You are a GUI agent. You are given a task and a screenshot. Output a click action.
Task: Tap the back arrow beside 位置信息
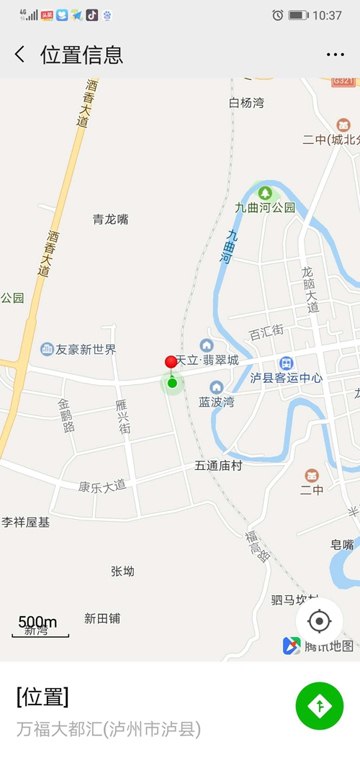click(x=19, y=55)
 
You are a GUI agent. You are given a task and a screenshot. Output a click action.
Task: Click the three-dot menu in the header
click(x=336, y=55)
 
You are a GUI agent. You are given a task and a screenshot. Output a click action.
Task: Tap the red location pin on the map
click(x=171, y=362)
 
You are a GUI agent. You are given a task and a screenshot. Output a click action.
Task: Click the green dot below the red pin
click(x=172, y=383)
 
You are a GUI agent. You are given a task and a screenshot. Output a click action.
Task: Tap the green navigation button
click(x=320, y=706)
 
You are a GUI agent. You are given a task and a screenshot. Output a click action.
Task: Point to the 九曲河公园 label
click(x=265, y=207)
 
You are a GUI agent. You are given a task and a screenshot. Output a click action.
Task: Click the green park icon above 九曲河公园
click(x=265, y=192)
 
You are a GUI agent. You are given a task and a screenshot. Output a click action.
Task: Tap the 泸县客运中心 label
click(x=286, y=378)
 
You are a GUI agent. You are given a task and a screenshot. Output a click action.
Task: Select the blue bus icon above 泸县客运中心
click(x=286, y=363)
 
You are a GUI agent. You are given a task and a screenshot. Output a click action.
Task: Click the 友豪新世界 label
click(x=86, y=350)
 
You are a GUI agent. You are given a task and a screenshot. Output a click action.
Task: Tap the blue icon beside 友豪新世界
click(x=48, y=349)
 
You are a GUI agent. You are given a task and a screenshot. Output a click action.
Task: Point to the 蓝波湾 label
click(x=217, y=402)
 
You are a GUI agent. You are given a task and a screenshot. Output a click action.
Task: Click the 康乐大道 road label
click(x=102, y=486)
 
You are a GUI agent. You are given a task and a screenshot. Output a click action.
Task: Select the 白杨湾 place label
click(x=246, y=103)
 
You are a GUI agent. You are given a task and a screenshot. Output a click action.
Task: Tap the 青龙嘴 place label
click(x=110, y=220)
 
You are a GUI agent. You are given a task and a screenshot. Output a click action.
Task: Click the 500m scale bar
click(x=40, y=627)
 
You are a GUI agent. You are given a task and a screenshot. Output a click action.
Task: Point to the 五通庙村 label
click(x=218, y=466)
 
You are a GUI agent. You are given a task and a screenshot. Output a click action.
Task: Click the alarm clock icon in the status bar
click(x=278, y=15)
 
